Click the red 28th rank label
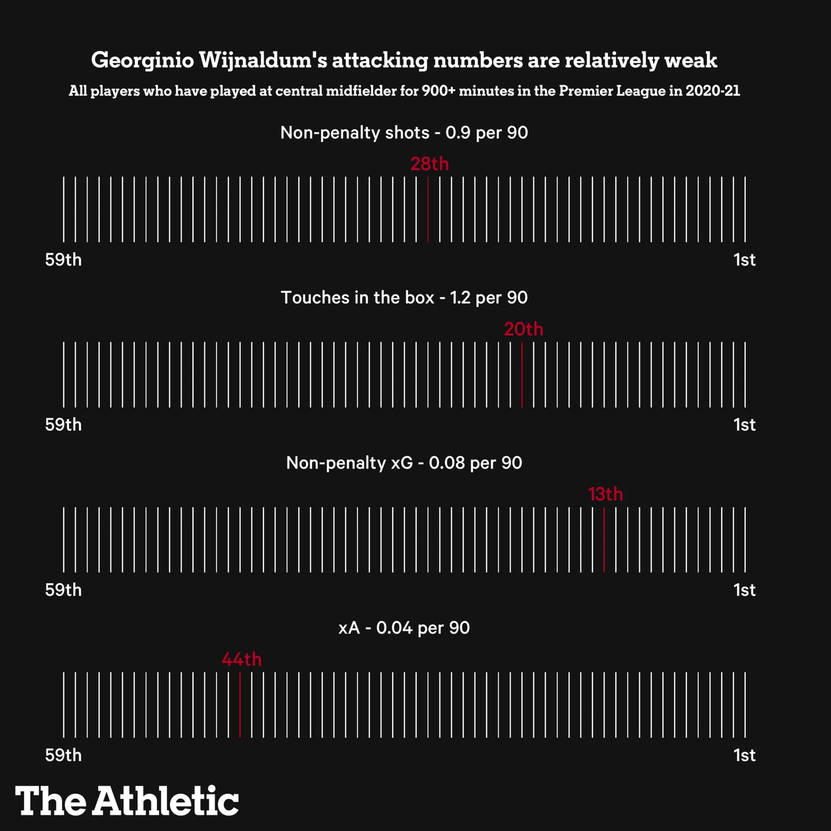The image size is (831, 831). click(x=429, y=164)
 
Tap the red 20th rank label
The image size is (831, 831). click(x=523, y=329)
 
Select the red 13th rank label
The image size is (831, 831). click(x=605, y=494)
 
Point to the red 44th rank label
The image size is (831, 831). click(x=241, y=659)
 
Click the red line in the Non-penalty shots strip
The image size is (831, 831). click(x=428, y=209)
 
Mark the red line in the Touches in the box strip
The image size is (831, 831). click(x=522, y=375)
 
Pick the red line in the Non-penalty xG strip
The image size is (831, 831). click(x=604, y=540)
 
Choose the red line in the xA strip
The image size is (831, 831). click(x=240, y=705)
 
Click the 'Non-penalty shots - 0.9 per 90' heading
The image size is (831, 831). click(x=404, y=133)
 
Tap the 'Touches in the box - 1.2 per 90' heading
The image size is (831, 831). click(x=404, y=298)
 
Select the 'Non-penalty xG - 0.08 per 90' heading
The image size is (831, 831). click(x=404, y=463)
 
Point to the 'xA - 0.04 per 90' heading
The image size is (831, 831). click(x=404, y=628)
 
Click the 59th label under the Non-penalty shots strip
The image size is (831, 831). click(x=63, y=260)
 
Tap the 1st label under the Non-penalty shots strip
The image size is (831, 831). click(x=744, y=260)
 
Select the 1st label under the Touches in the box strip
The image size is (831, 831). click(x=744, y=425)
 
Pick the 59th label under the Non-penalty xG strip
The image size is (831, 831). click(x=63, y=590)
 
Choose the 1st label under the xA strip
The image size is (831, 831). click(x=744, y=755)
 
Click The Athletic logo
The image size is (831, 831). click(x=127, y=801)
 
